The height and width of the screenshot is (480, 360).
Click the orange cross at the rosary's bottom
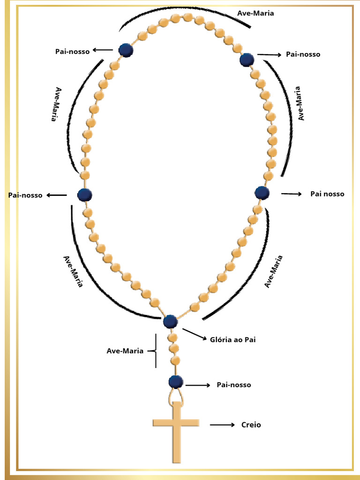coord(176,427)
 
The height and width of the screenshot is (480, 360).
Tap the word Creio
coord(251,425)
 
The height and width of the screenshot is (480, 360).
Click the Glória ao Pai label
coord(232,340)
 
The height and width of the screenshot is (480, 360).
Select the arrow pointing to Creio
coord(222,425)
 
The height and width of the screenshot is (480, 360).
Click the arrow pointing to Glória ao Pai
coord(193,334)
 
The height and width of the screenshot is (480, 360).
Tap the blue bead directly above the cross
coord(176,382)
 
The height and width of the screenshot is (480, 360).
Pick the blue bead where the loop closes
coord(170,322)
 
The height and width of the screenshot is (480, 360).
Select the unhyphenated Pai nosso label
coord(327,194)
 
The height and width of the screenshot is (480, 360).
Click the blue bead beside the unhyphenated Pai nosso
coord(262,193)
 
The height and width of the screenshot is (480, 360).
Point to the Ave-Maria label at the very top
coord(255,13)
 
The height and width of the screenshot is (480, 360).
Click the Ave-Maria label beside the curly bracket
coord(125,351)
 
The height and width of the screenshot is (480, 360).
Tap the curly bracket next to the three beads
coord(153,351)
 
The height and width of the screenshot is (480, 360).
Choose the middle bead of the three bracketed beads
coord(174,349)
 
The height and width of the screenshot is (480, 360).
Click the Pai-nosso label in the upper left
coord(72,52)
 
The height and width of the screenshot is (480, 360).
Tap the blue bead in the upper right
coord(247,60)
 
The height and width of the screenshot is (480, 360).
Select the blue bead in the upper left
coord(126,50)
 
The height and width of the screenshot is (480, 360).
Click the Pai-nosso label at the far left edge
coord(25,195)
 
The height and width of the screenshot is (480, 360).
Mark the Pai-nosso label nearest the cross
coord(233,385)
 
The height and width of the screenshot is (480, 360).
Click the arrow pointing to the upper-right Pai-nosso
coord(269,55)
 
